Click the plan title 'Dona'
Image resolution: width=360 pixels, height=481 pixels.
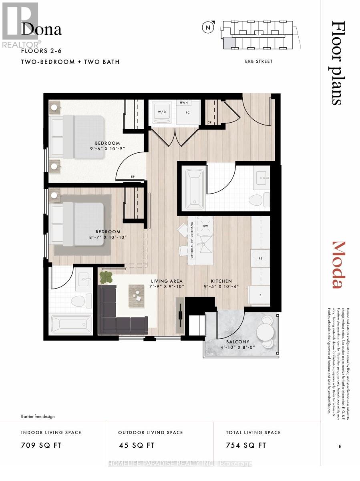tap(42, 29)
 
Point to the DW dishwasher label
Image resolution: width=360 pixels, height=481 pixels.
tap(206, 226)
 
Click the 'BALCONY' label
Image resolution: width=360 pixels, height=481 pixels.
tap(239, 342)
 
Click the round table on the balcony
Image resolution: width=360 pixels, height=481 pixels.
tap(264, 331)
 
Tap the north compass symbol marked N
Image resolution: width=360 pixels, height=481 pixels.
tap(208, 28)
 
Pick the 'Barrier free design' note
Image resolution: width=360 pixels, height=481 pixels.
tap(38, 416)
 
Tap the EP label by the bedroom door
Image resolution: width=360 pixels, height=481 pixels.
tap(132, 176)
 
